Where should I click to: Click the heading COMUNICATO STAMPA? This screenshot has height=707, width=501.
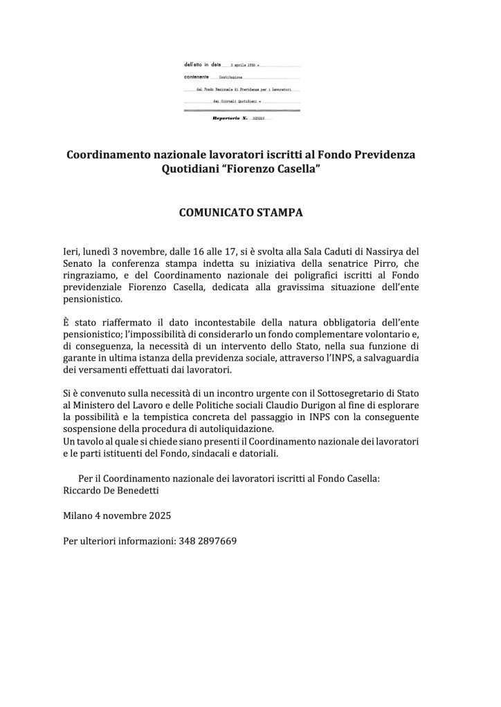point(240,212)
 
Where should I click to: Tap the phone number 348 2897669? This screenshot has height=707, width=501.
point(208,540)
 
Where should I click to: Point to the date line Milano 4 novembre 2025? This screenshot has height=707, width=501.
point(117,516)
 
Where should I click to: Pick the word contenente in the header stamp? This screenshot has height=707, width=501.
point(197,77)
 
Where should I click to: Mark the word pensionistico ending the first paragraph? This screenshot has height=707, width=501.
point(92,299)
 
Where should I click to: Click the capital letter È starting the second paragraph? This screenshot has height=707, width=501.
point(66,323)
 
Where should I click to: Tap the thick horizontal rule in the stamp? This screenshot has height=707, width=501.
point(242,110)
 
